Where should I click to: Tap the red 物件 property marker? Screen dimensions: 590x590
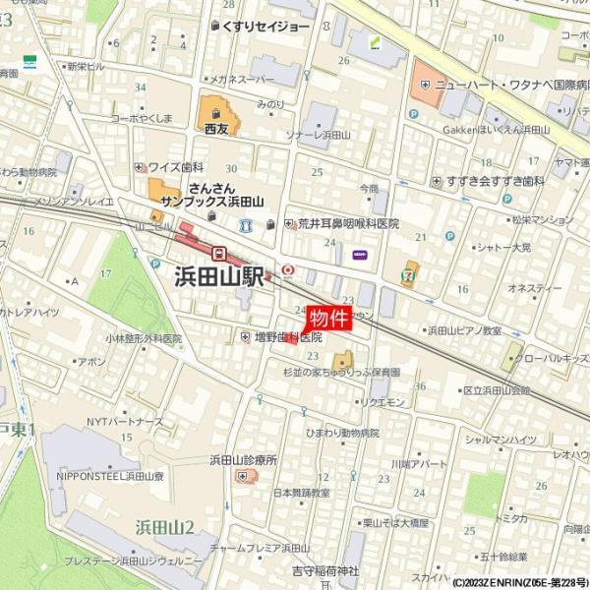328,318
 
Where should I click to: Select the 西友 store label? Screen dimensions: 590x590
216,128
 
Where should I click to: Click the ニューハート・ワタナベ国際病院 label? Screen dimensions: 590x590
501,86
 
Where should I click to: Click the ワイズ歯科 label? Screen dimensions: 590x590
176,167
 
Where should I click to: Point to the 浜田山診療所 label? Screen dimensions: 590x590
243,459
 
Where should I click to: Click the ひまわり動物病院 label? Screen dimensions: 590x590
342,433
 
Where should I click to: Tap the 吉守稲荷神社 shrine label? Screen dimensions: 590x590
327,571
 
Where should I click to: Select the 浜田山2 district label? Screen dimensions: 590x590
164,527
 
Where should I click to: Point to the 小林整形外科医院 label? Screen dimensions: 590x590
145,338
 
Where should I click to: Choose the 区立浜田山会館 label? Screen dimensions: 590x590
497,390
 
